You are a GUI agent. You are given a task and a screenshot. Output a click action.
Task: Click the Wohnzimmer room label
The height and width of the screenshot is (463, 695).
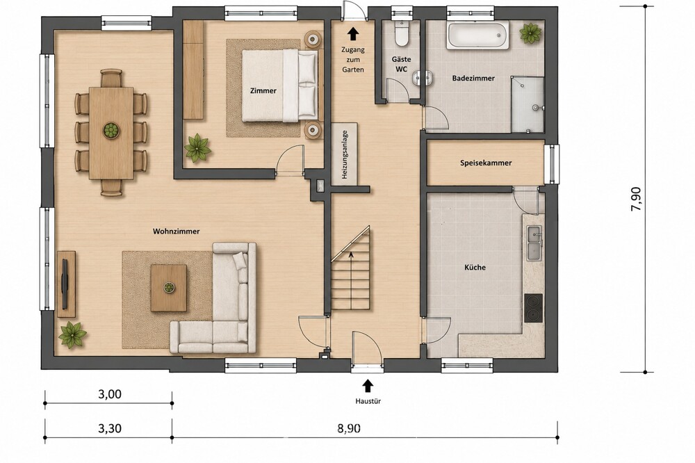176,231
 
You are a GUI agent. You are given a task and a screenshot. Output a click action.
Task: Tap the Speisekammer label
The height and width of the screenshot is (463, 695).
486,163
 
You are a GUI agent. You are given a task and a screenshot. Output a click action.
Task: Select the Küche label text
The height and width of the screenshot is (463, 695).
475,268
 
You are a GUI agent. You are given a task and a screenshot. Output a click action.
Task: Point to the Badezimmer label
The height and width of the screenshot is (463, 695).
473,78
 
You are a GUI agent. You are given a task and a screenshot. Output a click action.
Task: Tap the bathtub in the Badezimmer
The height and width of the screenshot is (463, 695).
478,36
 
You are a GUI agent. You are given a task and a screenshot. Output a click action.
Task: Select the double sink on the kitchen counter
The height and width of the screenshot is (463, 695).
534,243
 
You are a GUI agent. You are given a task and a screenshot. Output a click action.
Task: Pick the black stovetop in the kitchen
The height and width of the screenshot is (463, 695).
533,308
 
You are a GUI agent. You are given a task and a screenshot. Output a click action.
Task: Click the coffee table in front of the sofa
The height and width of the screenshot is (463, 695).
168,288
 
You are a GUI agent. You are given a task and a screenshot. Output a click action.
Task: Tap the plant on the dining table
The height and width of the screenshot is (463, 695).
111,130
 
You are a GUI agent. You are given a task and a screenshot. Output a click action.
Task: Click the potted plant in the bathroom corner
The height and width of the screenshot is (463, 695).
530,33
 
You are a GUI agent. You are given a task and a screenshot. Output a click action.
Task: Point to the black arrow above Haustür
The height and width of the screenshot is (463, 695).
368,385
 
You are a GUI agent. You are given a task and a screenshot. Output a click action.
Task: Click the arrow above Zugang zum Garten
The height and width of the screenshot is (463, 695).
353,33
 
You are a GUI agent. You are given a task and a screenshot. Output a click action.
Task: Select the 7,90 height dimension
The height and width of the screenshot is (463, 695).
636,199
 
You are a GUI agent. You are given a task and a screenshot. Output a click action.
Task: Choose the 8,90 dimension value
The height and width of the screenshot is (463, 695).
349,428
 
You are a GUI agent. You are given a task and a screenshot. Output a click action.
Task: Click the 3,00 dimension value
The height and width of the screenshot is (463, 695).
109,393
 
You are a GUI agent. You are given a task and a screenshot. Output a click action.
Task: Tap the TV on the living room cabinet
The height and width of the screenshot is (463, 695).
65,284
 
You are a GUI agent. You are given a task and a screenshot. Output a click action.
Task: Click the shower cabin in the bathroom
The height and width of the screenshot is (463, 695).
528,105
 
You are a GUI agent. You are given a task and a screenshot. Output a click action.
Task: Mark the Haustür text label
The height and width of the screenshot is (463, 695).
368,401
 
